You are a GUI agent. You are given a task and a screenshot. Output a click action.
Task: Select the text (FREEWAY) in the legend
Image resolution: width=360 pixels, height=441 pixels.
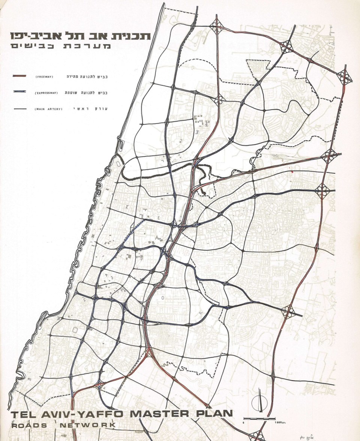pos(45,77)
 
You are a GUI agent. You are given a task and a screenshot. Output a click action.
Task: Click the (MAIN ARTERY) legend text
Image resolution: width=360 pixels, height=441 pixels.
pos(48,109)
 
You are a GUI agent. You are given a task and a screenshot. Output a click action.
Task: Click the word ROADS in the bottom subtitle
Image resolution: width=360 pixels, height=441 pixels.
pos(29,425)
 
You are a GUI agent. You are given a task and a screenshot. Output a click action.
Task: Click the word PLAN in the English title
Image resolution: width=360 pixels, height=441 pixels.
pos(214,414)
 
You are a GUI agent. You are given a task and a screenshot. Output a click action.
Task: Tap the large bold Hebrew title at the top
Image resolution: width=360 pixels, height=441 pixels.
pos(80,36)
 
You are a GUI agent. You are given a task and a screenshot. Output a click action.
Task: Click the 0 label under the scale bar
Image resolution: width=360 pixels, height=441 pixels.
pos(244,423)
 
